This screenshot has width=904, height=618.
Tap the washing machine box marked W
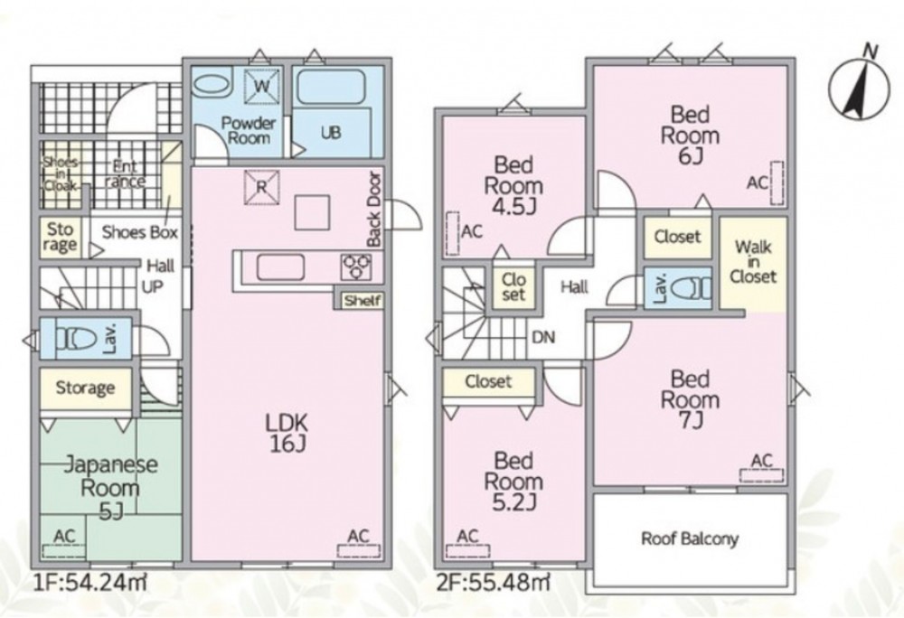click(261, 87)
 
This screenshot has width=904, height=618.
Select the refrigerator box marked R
click(261, 187)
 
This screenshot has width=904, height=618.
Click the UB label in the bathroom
click(330, 133)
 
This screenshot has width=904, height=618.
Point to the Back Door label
click(374, 210)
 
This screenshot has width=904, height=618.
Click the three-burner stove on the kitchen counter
click(355, 267)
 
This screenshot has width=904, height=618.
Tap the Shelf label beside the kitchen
click(363, 300)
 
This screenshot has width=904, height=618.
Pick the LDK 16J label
click(287, 433)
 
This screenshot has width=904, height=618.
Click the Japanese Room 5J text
click(110, 487)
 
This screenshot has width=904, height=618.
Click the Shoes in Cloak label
click(61, 174)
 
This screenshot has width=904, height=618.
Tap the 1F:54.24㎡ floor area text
click(89, 583)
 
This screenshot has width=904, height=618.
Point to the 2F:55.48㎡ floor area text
click(493, 583)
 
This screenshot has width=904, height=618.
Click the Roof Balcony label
click(690, 539)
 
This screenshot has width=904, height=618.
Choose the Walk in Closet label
click(753, 262)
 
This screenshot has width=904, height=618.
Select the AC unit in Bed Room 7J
click(761, 475)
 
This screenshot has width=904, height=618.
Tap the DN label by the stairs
click(543, 337)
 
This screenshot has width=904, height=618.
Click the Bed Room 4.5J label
click(513, 185)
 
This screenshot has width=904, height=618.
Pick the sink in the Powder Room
click(210, 84)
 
